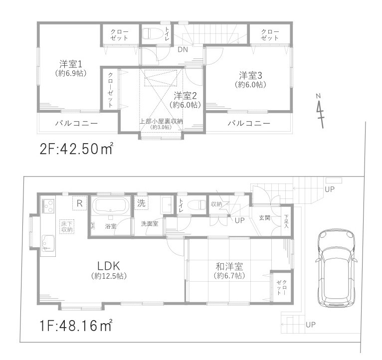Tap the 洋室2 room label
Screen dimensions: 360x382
pyautogui.click(x=185, y=95)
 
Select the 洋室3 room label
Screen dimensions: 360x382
pyautogui.click(x=250, y=76)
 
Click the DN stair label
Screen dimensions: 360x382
pyautogui.click(x=183, y=49)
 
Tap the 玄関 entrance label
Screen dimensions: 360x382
pyautogui.click(x=264, y=218)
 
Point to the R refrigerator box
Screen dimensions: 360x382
pyautogui.click(x=79, y=202)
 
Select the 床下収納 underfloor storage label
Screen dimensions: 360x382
pyautogui.click(x=67, y=226)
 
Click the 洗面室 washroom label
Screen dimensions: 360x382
pyautogui.click(x=149, y=224)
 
